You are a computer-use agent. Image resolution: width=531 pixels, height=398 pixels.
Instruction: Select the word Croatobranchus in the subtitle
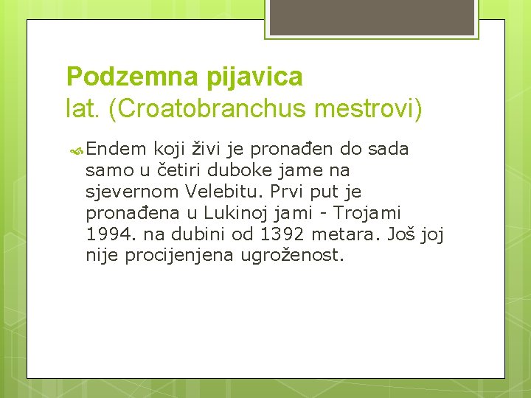click(209, 110)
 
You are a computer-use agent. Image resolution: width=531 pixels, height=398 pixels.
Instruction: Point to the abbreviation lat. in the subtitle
click(84, 110)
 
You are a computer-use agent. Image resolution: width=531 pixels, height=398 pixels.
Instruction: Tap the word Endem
click(116, 149)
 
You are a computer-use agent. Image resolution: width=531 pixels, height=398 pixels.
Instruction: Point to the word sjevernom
click(132, 192)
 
